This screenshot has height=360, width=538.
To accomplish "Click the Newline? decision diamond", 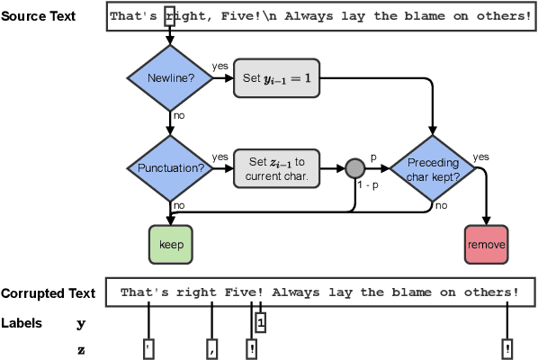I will point(169,78).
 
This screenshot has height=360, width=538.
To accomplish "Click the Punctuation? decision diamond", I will point(169,168).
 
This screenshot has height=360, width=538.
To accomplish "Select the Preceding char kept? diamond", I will point(434,168).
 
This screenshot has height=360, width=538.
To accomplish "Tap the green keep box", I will point(170,244).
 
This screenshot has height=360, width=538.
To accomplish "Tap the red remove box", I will point(487,244).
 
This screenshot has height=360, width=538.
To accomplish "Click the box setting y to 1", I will point(276,78).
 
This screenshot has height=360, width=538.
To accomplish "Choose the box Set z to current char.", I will point(276,168).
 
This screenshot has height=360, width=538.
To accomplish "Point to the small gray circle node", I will point(354,168).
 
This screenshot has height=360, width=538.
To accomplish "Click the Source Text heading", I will point(39,17).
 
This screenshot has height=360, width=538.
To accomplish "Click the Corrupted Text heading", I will point(48,293).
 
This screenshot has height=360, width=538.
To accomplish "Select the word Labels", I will point(21,322).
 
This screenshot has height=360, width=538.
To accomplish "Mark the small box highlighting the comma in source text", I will point(169,17).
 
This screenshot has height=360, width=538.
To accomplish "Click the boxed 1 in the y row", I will point(260,321).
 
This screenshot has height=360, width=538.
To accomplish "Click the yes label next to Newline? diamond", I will point(220,67).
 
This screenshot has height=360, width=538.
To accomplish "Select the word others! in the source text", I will point(501,17).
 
